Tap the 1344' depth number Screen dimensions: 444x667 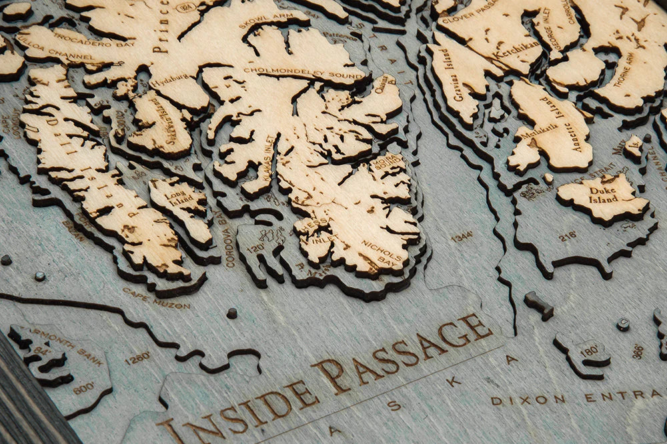click(x=462, y=236)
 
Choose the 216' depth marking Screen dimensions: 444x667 click(x=568, y=236)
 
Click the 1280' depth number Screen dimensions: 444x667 click(x=137, y=359)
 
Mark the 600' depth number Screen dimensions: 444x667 click(x=83, y=388)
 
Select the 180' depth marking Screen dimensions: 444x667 click(x=589, y=351)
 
